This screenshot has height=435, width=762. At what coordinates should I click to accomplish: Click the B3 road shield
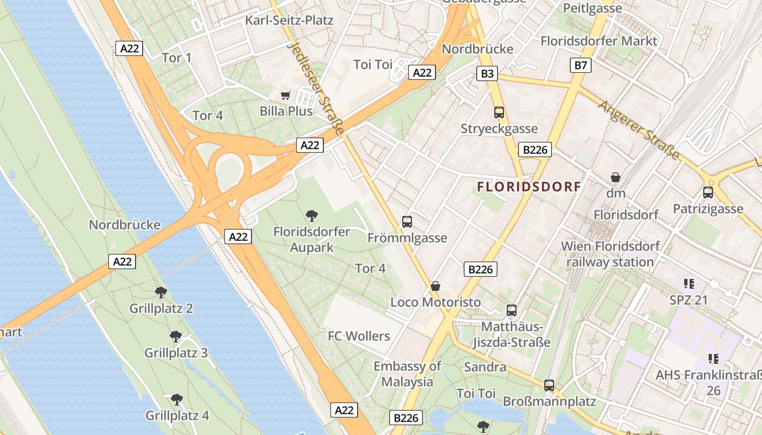(487, 73)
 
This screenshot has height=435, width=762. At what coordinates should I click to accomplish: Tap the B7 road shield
(581, 66)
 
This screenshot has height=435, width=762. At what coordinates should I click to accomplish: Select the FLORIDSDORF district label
(529, 187)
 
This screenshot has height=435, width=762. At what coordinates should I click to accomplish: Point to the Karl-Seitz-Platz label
(289, 21)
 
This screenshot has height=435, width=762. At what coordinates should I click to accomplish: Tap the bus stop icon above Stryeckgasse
(499, 113)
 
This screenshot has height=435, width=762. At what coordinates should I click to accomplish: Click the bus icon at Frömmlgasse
(407, 221)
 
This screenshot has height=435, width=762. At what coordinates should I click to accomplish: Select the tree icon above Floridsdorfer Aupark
(312, 216)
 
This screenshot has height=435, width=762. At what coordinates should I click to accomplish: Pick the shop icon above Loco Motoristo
(435, 285)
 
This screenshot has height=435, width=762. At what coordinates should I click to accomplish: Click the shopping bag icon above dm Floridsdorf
(616, 177)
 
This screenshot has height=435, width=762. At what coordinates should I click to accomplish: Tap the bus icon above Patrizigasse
(708, 192)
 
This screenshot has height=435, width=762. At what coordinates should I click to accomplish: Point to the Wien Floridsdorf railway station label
(610, 254)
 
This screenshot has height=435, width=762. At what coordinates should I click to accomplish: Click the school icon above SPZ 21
(689, 283)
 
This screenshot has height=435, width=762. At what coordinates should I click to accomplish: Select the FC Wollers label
(359, 336)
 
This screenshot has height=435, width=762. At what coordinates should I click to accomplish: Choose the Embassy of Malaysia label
(407, 374)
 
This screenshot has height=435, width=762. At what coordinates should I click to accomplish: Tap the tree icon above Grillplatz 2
(161, 293)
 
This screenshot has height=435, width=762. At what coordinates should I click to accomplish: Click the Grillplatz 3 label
(176, 353)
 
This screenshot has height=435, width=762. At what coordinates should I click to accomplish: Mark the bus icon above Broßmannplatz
(549, 386)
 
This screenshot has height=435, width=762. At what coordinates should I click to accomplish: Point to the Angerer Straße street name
(639, 129)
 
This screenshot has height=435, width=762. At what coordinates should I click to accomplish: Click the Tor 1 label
(176, 58)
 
